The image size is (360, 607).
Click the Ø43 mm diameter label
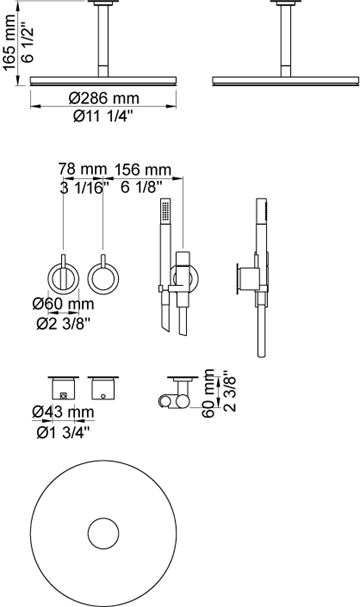tap(61, 412)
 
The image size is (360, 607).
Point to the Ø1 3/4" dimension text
tap(61, 432)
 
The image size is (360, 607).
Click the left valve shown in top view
tap(63, 385)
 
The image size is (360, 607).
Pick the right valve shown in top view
tap(104, 385)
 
